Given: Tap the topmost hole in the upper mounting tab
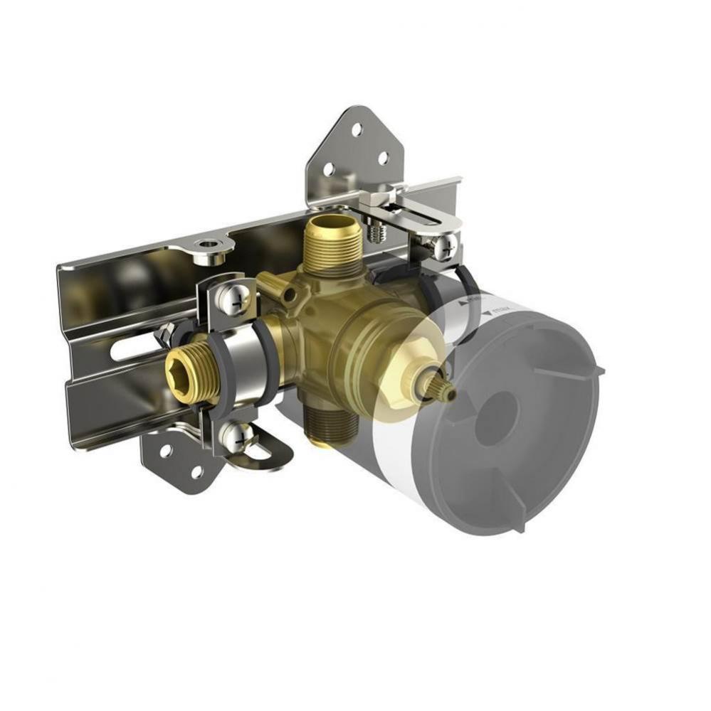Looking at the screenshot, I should coord(356,129).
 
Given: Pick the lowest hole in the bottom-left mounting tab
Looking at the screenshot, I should coord(196,471).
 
